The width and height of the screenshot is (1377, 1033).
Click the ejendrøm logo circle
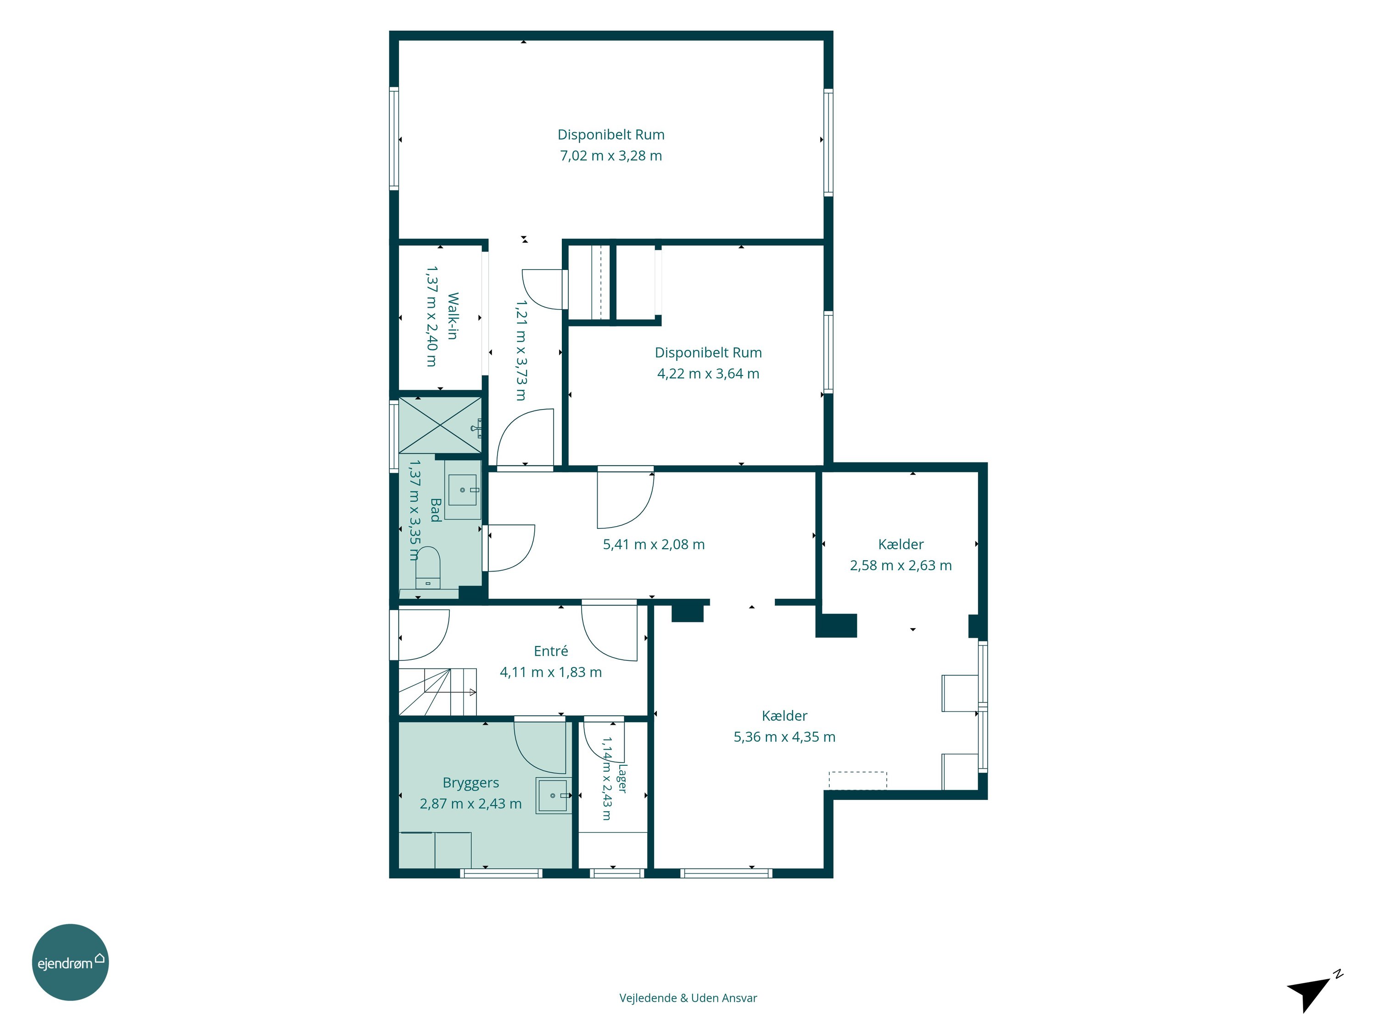point(70,962)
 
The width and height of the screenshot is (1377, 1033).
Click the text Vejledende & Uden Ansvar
point(688,998)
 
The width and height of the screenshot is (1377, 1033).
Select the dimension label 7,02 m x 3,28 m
point(610,156)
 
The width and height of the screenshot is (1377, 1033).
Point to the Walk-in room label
point(453,316)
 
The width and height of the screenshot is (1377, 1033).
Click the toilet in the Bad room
point(428,567)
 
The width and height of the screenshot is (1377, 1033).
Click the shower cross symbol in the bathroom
point(440,425)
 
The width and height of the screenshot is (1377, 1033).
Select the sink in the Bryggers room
point(553,796)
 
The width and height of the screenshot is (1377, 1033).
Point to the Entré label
point(551,651)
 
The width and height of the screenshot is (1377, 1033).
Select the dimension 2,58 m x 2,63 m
point(901,565)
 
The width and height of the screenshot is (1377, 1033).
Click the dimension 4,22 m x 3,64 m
point(708,374)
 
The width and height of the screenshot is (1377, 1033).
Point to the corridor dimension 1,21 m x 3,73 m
point(521,351)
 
